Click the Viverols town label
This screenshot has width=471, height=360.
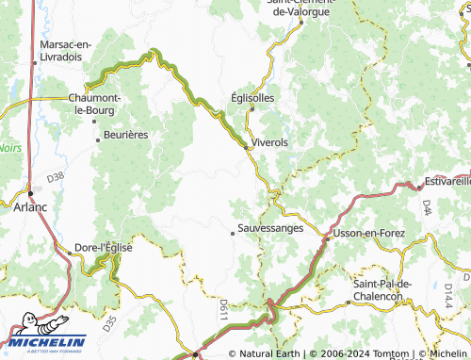point(269,142)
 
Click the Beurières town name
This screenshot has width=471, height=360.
point(126,135)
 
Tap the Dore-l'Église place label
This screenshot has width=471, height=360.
point(104,247)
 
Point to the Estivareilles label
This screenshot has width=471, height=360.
point(447,179)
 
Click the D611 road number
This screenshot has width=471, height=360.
point(222,306)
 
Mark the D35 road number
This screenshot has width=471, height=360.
point(109,325)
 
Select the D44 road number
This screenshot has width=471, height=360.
point(427,205)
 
